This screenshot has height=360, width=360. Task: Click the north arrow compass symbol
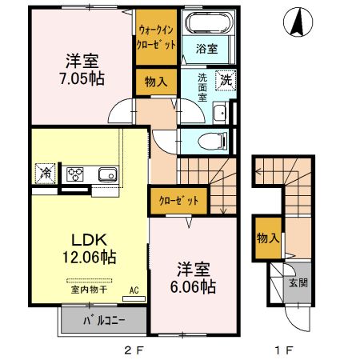(296, 22)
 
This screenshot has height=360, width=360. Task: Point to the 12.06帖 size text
(90, 257)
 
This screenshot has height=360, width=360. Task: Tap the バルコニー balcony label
(102, 324)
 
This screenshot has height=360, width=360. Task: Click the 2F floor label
(134, 350)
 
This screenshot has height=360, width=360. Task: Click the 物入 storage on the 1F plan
(267, 238)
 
